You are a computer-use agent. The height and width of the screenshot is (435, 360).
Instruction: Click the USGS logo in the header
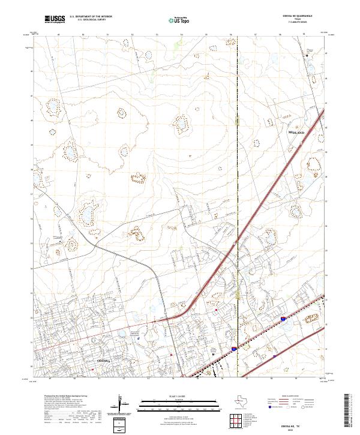pos(55,19)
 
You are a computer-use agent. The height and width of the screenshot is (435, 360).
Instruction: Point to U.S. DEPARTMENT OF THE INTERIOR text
pos(91,17)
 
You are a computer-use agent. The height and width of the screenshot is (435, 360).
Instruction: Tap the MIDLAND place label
pos(296,131)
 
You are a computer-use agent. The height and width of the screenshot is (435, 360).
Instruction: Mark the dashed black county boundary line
pos(238,180)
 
